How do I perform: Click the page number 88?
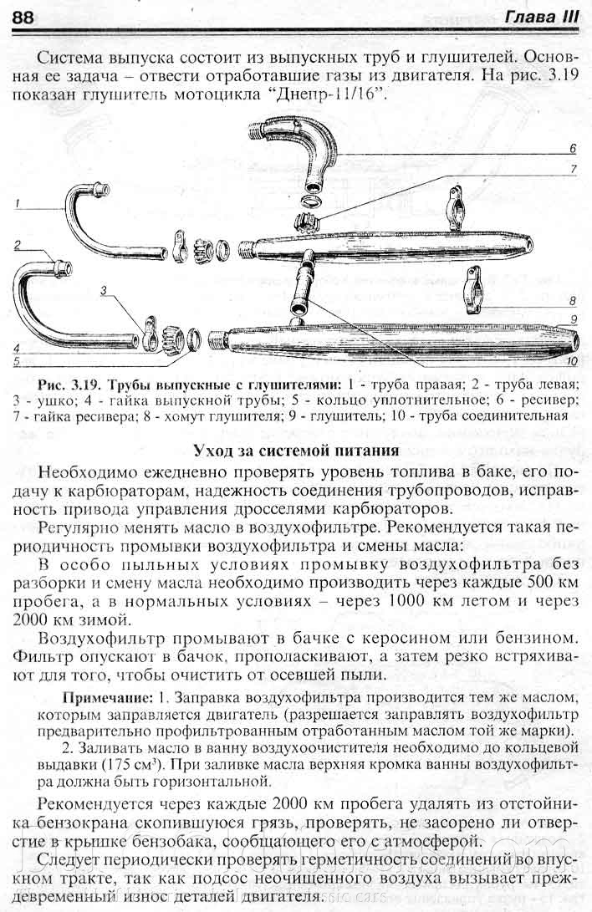point(23,16)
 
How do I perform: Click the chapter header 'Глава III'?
point(543,15)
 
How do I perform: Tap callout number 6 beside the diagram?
point(573,149)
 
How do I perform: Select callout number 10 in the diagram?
point(572,363)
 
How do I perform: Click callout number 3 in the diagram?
point(104,290)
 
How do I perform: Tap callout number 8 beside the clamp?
point(573,300)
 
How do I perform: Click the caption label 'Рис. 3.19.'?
point(69,385)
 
